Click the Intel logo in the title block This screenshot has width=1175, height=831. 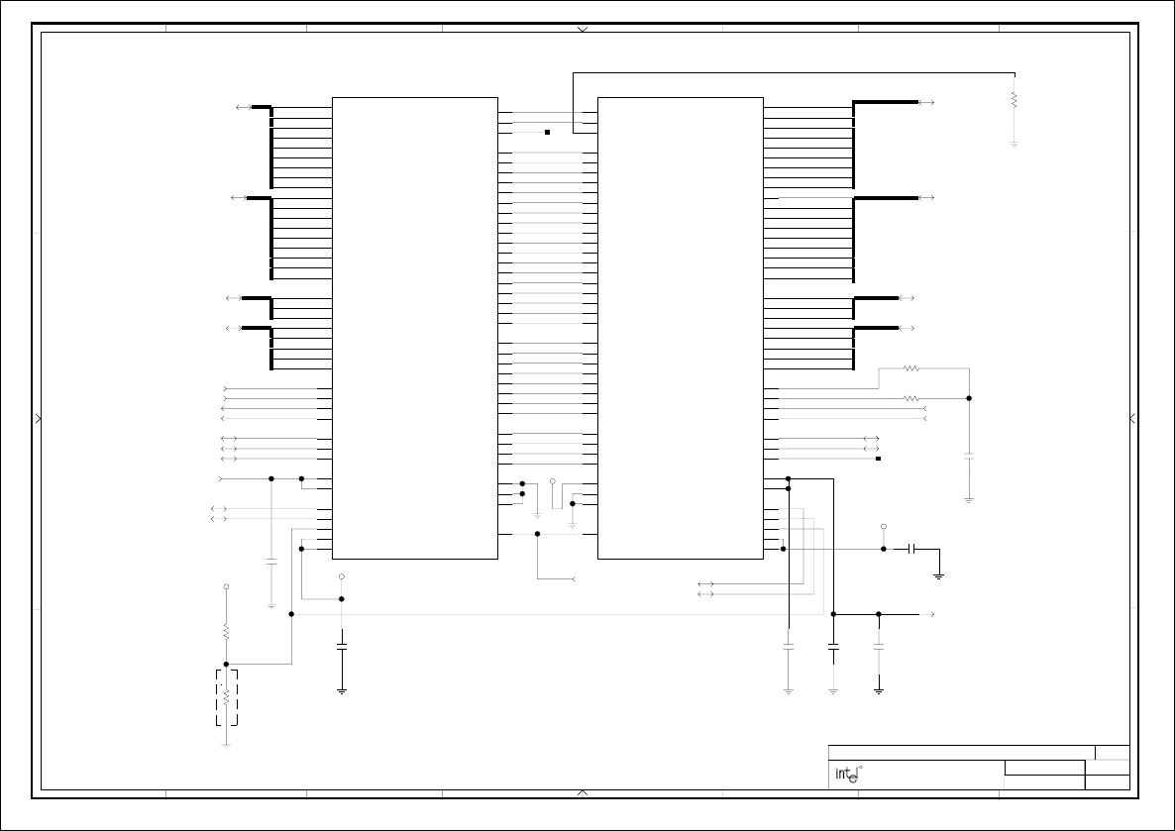tap(845, 775)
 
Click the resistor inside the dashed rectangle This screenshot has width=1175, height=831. tap(226, 697)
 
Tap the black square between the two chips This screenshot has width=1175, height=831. tap(547, 132)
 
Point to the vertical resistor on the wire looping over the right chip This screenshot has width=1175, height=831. tap(1015, 100)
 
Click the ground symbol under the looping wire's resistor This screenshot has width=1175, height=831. tap(1015, 144)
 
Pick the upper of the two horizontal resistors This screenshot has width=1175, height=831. tap(910, 368)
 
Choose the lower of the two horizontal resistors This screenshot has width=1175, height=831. tap(910, 398)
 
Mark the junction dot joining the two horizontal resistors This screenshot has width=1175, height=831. tap(969, 398)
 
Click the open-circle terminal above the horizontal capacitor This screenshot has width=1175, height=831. tap(884, 527)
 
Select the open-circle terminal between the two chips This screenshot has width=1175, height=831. tap(553, 481)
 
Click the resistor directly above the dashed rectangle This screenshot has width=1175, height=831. tap(226, 630)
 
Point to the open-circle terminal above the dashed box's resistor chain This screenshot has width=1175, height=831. tap(226, 587)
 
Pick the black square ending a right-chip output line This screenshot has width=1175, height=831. tap(879, 459)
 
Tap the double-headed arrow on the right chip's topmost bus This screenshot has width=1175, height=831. tap(927, 102)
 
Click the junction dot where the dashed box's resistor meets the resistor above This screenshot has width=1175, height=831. tap(226, 664)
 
